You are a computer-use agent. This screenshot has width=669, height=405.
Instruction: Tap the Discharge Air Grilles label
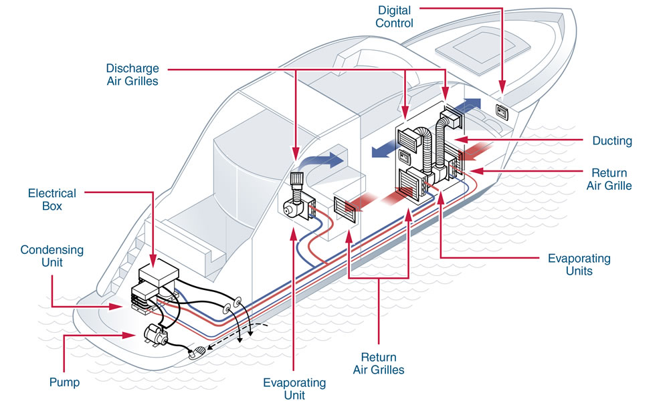point(132,74)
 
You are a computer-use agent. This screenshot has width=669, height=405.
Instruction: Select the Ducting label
point(611,141)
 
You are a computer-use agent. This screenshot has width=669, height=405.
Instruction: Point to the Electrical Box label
point(52,200)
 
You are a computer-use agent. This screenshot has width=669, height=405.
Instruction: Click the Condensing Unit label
point(52,256)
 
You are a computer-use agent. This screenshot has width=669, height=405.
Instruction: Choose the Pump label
point(64,382)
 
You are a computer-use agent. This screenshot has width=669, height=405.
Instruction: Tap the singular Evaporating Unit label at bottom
point(294,389)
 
